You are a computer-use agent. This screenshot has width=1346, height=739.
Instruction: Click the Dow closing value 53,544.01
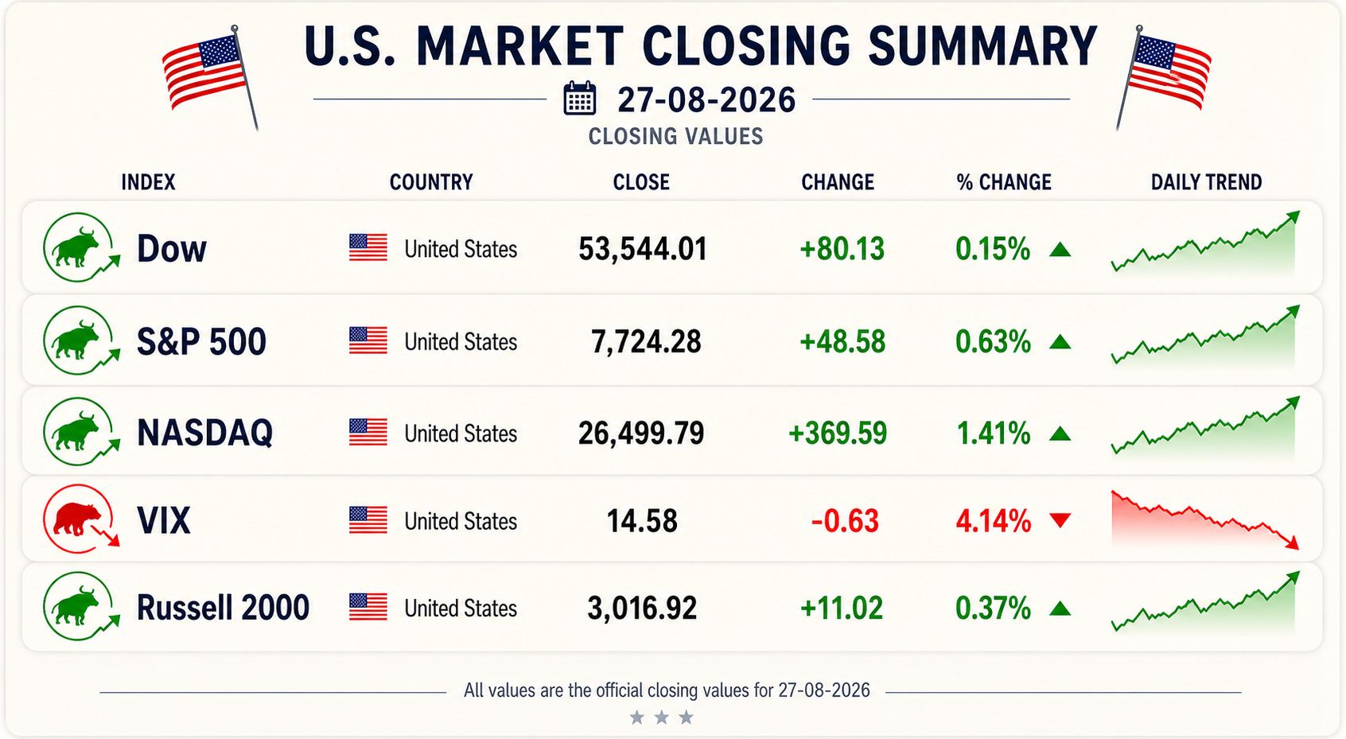(642, 249)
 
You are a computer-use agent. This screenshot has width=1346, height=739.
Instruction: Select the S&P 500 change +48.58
(842, 341)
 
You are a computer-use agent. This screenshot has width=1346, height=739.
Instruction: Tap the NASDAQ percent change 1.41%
(993, 434)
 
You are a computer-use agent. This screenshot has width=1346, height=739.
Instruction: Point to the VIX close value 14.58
(642, 521)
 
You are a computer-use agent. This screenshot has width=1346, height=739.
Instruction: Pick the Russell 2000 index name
(223, 608)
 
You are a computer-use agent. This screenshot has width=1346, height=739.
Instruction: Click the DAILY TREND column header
(1206, 182)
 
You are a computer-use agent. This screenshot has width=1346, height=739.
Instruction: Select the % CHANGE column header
(1003, 182)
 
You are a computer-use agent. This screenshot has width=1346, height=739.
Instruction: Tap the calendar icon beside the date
(580, 98)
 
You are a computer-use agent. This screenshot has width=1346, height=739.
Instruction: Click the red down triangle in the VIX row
(1060, 519)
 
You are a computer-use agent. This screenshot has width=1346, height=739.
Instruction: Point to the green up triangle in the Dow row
(1060, 249)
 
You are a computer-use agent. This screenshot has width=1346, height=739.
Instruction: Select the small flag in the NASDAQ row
(368, 432)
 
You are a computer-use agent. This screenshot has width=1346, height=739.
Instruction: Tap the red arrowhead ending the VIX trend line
(1292, 543)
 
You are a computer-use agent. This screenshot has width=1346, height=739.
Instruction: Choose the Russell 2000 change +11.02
(842, 608)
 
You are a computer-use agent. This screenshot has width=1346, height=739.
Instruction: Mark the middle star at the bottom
(661, 717)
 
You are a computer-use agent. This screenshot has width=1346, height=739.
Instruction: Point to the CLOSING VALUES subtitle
(675, 136)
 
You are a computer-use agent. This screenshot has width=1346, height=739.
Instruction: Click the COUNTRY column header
(431, 182)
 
